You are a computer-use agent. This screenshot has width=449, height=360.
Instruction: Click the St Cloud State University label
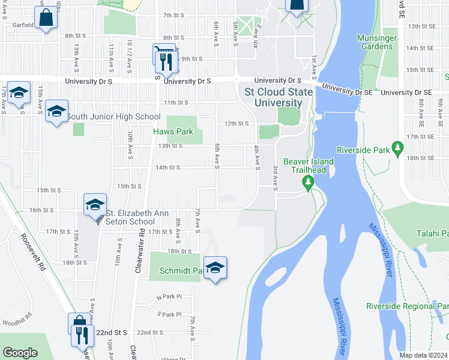point(279,97)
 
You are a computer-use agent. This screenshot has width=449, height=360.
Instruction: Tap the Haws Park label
point(173,131)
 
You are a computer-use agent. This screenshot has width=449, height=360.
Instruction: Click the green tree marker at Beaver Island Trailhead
point(309,182)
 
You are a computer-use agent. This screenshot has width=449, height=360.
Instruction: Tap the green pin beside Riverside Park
point(397,148)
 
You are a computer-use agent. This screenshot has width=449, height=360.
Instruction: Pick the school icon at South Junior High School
point(57,111)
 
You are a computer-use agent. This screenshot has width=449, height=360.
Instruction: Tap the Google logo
point(20,353)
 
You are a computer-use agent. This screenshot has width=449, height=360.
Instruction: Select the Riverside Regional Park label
point(408,306)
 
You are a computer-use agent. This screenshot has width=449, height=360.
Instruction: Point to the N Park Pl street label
point(169,297)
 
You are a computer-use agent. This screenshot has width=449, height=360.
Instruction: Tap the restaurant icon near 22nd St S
point(83,335)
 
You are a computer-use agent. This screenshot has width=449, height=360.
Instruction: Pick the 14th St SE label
point(420,48)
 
